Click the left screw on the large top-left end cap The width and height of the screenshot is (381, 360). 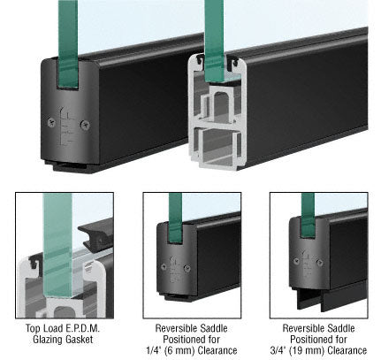click(51, 122)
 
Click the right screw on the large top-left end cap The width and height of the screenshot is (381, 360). click(85, 125)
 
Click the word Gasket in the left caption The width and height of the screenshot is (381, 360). click(79, 340)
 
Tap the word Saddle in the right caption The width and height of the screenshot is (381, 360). click(341, 328)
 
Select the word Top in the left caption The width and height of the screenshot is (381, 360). click(32, 328)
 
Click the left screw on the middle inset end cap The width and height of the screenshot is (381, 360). click(164, 267)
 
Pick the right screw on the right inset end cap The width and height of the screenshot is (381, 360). click(319, 262)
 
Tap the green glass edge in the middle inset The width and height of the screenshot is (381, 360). click(175, 218)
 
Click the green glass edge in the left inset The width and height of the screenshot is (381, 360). click(57, 245)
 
